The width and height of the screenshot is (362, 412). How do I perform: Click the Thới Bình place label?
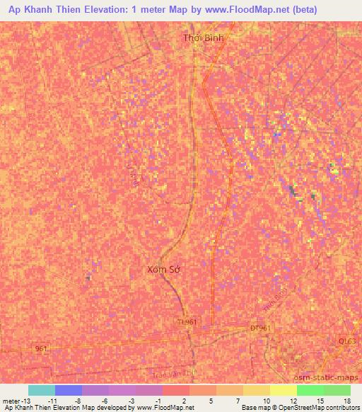point(203,38)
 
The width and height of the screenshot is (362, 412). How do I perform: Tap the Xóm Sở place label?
point(164,269)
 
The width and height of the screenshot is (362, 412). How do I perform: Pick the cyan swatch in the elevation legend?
point(42,390)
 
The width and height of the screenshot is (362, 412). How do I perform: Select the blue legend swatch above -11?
point(69,390)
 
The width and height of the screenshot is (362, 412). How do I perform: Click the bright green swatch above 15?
point(310,390)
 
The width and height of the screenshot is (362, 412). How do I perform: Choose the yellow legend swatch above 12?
point(284,390)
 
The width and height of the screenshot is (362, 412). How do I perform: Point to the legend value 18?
point(346,400)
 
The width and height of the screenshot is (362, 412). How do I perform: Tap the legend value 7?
point(238,400)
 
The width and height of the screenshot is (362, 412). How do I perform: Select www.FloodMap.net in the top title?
point(239,10)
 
